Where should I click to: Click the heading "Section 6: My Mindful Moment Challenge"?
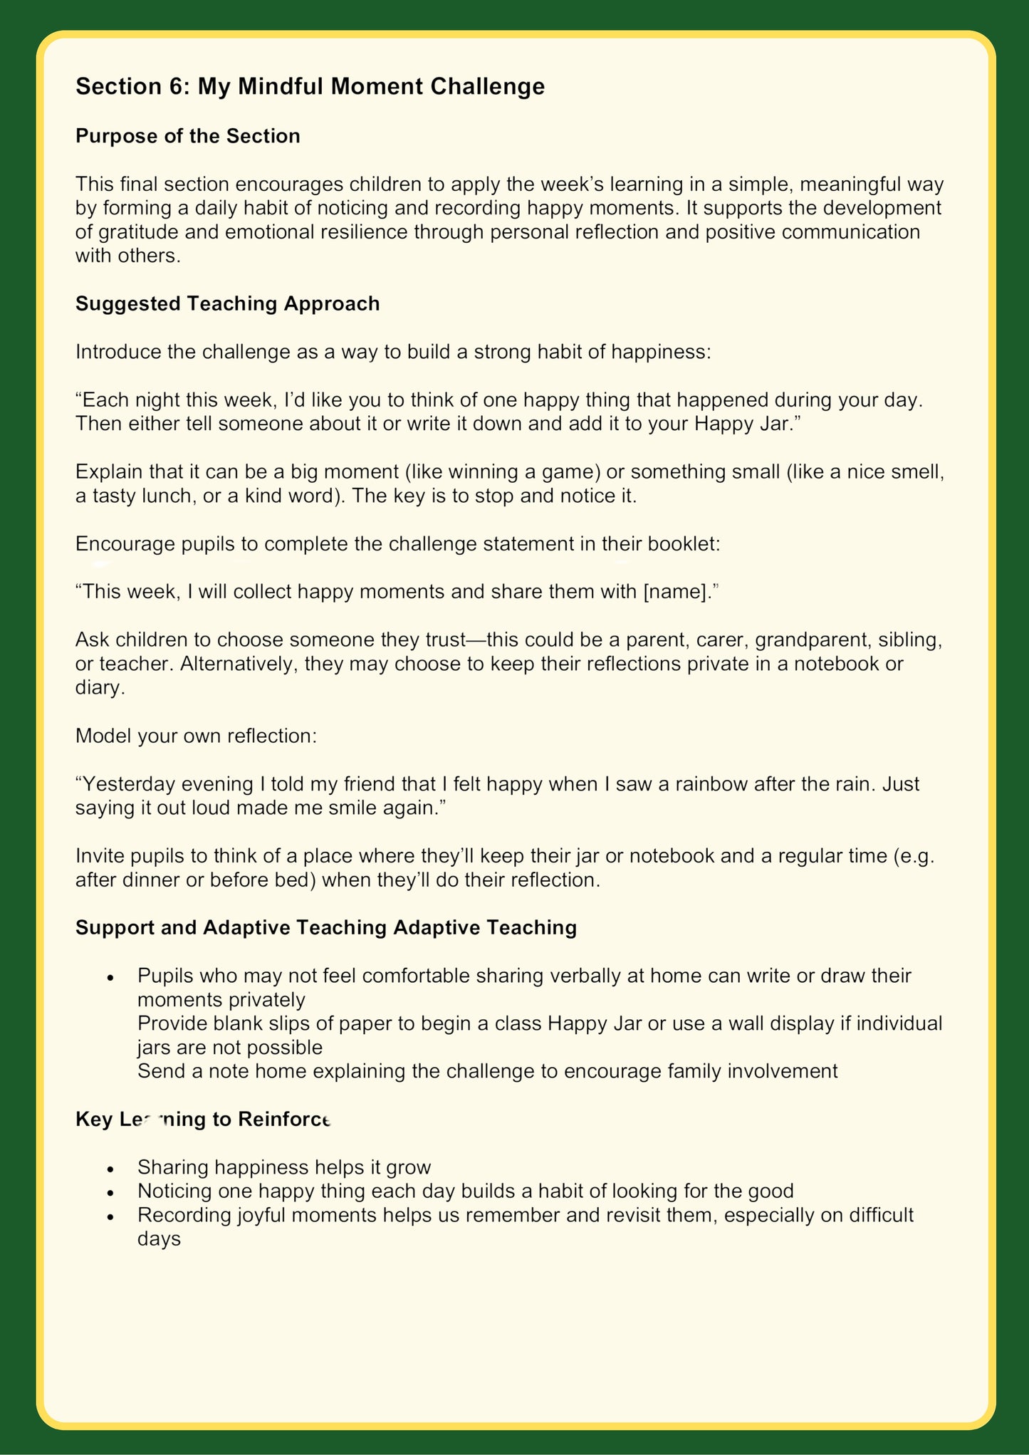pyautogui.click(x=310, y=86)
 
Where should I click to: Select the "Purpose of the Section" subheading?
pyautogui.click(x=187, y=136)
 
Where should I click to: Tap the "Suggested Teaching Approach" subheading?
pyautogui.click(x=227, y=303)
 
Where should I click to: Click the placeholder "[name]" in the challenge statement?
pyautogui.click(x=672, y=591)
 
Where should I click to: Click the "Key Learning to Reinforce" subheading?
pyautogui.click(x=204, y=1120)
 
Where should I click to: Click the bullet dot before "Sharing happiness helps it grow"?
pyautogui.click(x=110, y=1169)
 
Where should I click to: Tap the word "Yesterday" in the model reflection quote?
pyautogui.click(x=129, y=783)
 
